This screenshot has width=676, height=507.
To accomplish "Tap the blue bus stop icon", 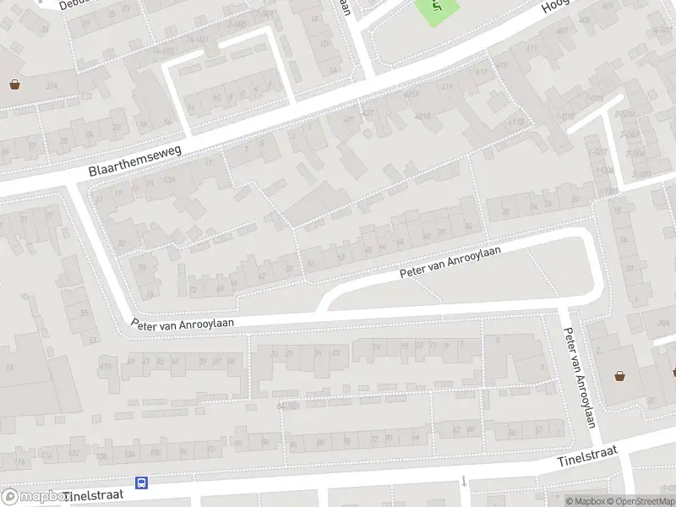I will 142,483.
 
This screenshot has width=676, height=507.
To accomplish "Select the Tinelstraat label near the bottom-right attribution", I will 588,460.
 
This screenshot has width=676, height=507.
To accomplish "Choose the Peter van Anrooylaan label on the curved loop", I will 451,262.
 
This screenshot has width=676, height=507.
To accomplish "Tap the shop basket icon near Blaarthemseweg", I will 14,84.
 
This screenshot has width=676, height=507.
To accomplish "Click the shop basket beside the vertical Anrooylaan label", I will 621,377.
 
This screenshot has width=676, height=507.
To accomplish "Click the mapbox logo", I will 34,497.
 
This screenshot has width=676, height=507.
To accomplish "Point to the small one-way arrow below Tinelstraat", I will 464,482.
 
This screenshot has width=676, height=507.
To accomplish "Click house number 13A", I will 169,180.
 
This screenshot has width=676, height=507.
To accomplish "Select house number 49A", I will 106,363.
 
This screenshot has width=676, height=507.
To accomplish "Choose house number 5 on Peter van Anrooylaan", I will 498,340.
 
